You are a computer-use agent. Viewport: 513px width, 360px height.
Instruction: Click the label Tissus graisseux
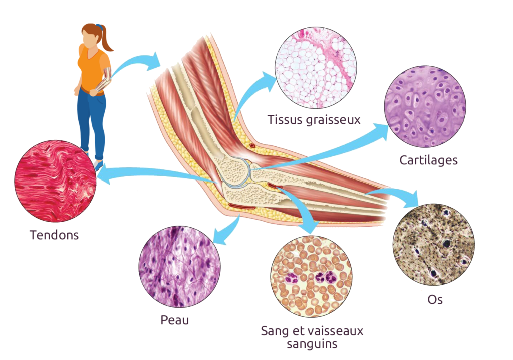(314, 120)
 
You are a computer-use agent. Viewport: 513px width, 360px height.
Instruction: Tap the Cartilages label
(428, 160)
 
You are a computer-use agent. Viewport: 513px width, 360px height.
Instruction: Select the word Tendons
(54, 235)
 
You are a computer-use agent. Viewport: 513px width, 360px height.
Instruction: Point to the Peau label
(175, 320)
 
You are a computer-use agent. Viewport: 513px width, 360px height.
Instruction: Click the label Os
(435, 299)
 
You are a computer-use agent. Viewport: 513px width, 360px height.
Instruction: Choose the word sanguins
(312, 344)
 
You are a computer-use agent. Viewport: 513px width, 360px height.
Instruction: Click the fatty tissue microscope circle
(316, 68)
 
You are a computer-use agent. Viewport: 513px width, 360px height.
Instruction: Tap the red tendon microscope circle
(55, 181)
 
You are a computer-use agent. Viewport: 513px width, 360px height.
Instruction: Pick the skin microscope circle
(180, 266)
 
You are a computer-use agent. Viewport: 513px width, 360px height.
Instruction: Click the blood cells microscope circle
(312, 276)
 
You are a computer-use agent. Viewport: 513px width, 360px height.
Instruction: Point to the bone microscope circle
(434, 244)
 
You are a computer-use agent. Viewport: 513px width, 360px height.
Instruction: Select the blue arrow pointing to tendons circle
(157, 172)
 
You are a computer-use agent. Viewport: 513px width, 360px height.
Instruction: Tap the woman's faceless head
(90, 36)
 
